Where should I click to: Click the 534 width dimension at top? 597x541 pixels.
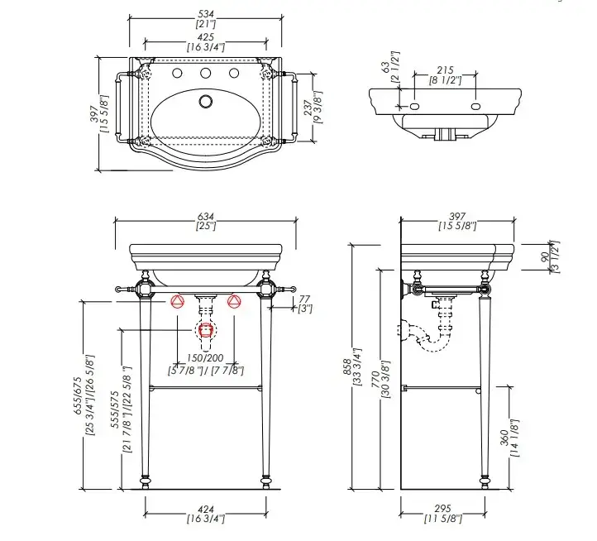pos(204,13)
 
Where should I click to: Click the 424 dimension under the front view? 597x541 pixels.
pos(206,509)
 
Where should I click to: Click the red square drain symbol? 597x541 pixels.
pos(206,331)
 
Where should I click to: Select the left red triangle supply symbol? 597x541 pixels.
pos(179,301)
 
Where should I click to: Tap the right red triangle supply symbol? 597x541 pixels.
pos(234,301)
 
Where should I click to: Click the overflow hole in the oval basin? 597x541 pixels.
pos(206,103)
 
